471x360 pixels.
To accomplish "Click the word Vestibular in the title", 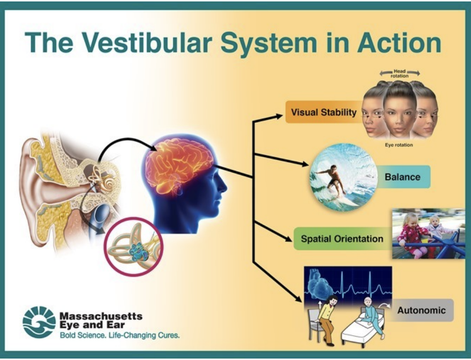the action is pos(147,43).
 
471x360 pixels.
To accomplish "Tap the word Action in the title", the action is pos(399,43).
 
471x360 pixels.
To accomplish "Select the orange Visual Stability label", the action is pos(324,112).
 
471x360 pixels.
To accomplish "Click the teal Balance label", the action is pos(403,177).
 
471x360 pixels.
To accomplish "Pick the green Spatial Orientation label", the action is pos(342,239).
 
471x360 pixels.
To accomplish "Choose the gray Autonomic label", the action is pos(421,310).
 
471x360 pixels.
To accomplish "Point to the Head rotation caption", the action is pos(399,74).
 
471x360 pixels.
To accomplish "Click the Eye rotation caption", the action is pos(399,145).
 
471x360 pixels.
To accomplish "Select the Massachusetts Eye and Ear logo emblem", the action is pos(39,322).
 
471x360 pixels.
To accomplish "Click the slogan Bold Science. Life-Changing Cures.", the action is pos(119,335).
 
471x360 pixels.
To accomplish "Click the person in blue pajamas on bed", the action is pos(371,316).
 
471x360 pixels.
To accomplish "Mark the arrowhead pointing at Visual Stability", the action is pos(279,116).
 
